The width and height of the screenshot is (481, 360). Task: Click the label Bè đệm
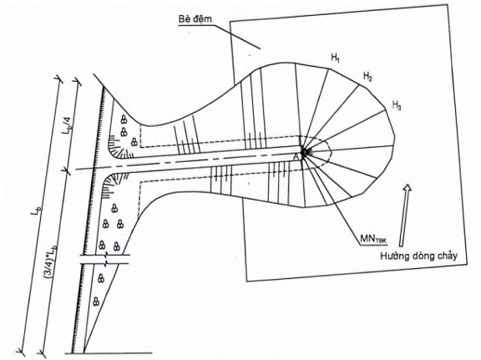[195, 19]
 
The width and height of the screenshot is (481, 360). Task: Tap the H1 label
[335, 58]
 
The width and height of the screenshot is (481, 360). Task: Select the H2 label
[367, 76]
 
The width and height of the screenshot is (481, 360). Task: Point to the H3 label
[397, 105]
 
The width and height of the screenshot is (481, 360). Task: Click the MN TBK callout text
[374, 239]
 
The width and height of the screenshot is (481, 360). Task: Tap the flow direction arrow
[405, 215]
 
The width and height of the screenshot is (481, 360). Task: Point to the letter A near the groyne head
[296, 156]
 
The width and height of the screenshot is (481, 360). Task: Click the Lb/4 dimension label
[67, 132]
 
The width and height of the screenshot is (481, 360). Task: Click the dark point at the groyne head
[305, 152]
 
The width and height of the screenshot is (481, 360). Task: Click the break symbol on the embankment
[105, 259]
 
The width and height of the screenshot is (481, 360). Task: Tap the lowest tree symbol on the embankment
[96, 301]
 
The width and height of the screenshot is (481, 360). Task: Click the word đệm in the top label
[204, 19]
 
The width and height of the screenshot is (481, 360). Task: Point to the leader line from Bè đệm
[237, 37]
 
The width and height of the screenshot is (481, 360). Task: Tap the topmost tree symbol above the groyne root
[124, 119]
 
